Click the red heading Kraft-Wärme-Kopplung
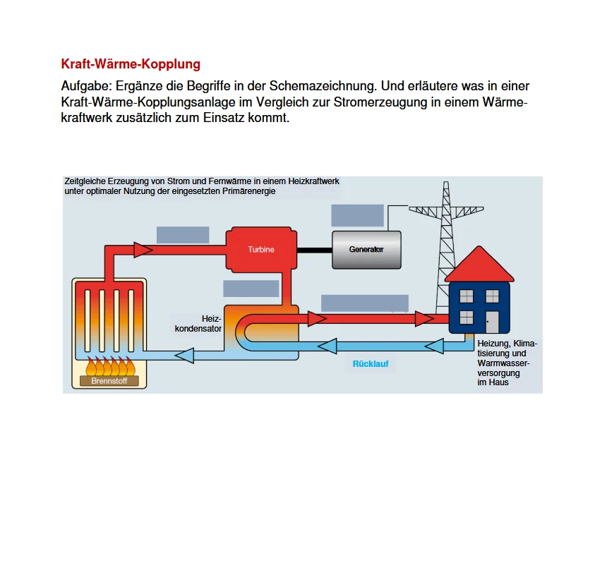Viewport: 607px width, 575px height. click(131, 64)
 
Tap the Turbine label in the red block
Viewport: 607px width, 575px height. click(261, 250)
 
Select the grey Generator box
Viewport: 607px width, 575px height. click(366, 250)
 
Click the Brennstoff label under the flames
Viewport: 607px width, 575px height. click(109, 381)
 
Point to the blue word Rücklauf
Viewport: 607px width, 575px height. click(371, 364)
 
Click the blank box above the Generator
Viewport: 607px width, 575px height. click(357, 215)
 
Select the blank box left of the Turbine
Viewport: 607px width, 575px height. click(183, 235)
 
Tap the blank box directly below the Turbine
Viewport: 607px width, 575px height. click(251, 289)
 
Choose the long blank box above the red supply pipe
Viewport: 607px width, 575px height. click(364, 303)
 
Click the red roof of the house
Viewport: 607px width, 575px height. click(479, 267)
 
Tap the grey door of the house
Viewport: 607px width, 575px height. click(492, 322)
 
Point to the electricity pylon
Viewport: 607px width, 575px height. click(445, 233)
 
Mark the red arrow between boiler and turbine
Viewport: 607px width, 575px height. click(143, 250)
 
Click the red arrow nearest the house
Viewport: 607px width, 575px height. click(423, 319)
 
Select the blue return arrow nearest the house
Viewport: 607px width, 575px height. click(433, 346)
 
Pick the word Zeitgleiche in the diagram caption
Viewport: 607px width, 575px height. click(84, 181)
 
